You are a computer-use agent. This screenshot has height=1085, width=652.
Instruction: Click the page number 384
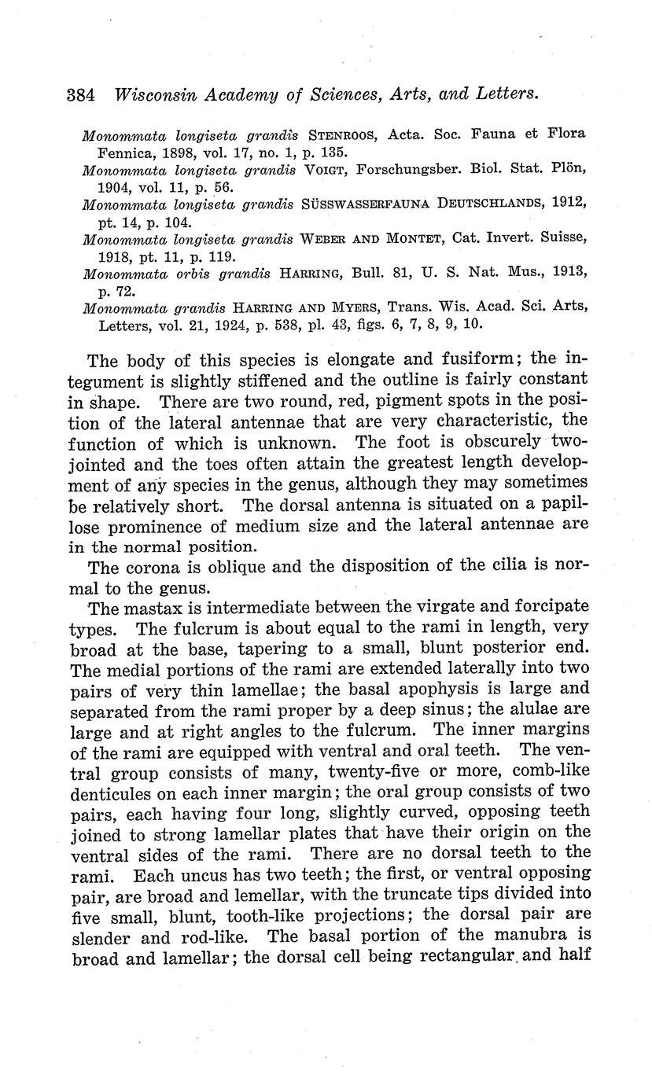pyautogui.click(x=80, y=95)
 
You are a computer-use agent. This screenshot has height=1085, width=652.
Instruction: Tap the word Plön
pyautogui.click(x=569, y=169)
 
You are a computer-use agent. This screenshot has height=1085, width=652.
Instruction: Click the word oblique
pyautogui.click(x=247, y=565)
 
